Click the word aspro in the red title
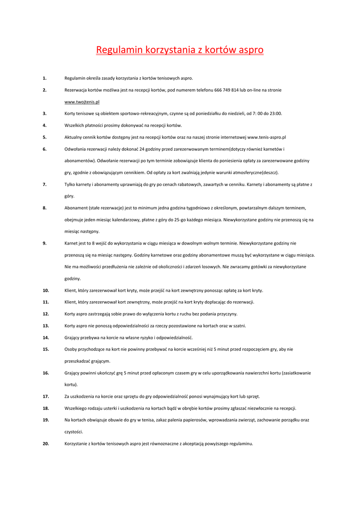[247, 50]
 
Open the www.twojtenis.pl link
[82, 102]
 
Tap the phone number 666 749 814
[227, 90]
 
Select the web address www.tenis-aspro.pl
[267, 137]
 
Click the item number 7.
[45, 185]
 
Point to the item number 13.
[46, 326]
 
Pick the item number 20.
[46, 444]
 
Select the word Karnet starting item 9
[72, 243]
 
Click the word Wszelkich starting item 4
[76, 126]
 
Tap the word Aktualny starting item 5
[75, 137]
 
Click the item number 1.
[45, 78]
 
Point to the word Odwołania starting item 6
[77, 149]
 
